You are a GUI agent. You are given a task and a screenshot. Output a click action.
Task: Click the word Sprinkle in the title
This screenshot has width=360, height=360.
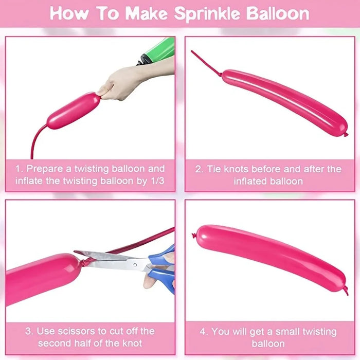tap(207, 14)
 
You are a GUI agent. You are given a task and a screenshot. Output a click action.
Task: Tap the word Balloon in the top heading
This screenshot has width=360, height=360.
tap(278, 13)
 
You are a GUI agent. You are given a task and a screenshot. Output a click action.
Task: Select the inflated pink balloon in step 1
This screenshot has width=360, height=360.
tap(74, 111)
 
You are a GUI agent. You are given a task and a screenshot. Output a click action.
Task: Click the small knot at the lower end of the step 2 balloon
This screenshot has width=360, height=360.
tap(346, 135)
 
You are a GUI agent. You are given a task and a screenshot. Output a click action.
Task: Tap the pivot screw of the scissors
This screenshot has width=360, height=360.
tap(135, 265)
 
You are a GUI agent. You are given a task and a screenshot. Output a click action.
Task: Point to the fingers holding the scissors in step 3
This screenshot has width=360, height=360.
tap(158, 276)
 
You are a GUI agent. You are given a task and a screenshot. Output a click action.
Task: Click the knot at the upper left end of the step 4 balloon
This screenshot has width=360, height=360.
tap(194, 235)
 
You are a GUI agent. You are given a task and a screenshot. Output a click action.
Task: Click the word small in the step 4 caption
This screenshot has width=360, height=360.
tap(287, 332)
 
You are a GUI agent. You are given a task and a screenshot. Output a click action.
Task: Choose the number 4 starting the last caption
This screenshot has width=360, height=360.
tap(202, 332)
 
